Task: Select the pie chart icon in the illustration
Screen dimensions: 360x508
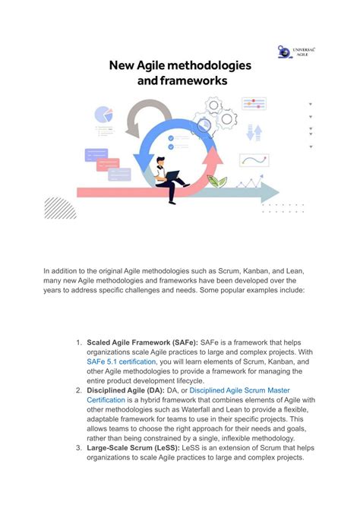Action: point(103,115)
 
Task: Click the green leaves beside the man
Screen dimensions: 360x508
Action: point(217,181)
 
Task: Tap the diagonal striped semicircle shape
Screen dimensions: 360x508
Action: point(59,207)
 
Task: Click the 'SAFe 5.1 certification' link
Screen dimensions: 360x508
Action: point(122,362)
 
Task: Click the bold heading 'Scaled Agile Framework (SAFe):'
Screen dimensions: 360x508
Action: point(142,342)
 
